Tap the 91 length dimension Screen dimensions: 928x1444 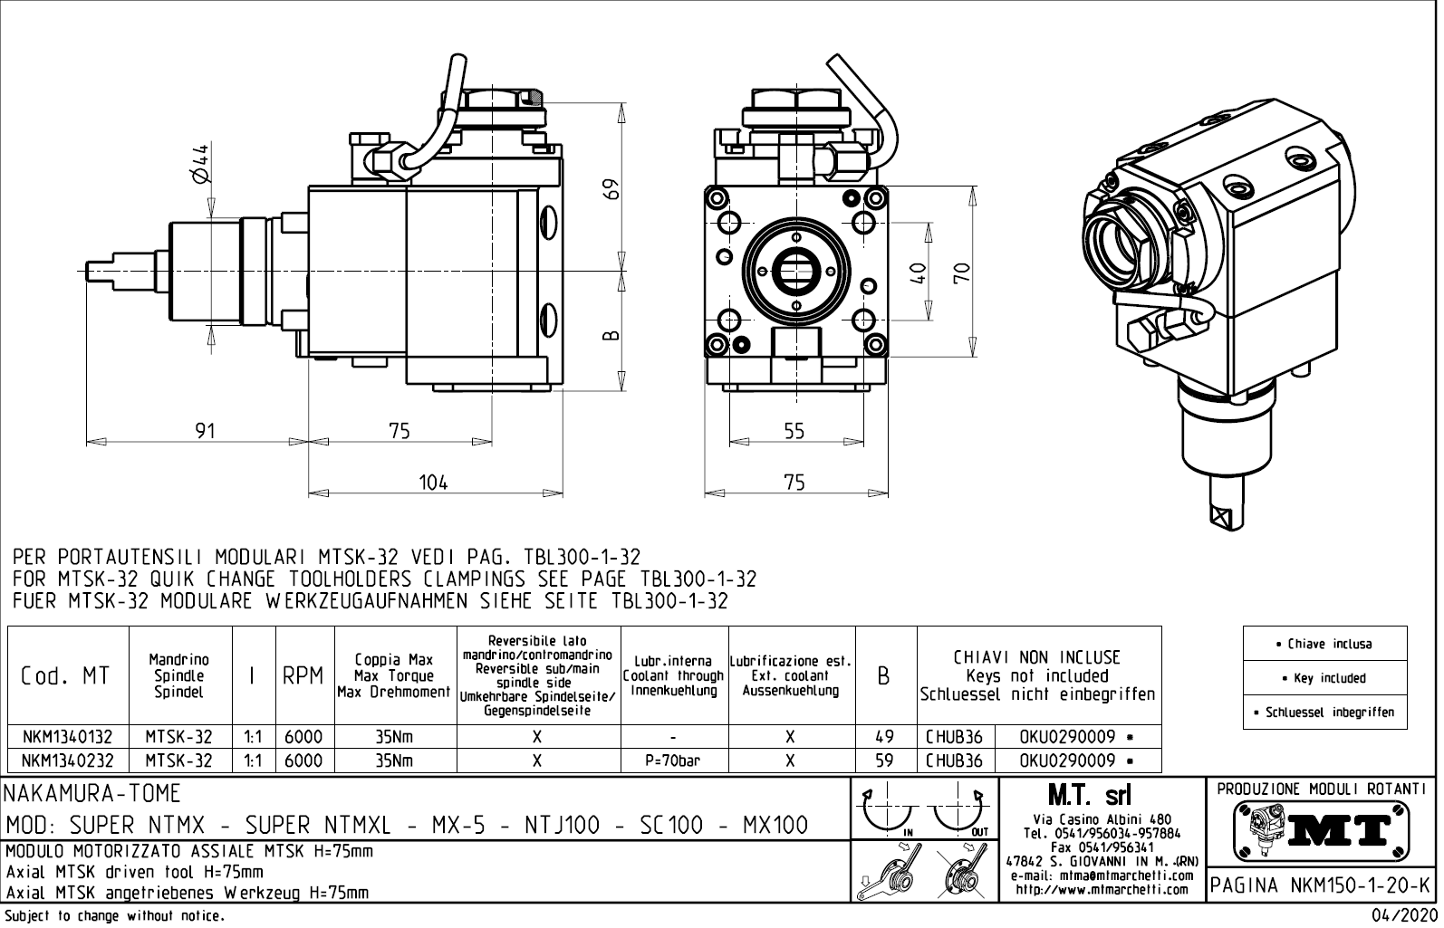pyautogui.click(x=206, y=431)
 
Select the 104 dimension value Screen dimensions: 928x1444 pyautogui.click(x=433, y=483)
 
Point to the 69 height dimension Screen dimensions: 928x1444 pyautogui.click(x=612, y=186)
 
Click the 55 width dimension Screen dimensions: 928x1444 pyautogui.click(x=794, y=431)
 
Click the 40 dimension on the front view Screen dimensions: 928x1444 pyautogui.click(x=918, y=273)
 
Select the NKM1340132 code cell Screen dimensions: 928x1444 pyautogui.click(x=68, y=737)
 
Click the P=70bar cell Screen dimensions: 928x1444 pyautogui.click(x=674, y=761)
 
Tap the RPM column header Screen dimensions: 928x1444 pyautogui.click(x=303, y=675)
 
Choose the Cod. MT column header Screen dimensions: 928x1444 pyautogui.click(x=66, y=675)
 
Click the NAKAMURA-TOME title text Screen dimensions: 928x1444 pyautogui.click(x=93, y=795)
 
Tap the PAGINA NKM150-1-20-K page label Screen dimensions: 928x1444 pyautogui.click(x=1322, y=885)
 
